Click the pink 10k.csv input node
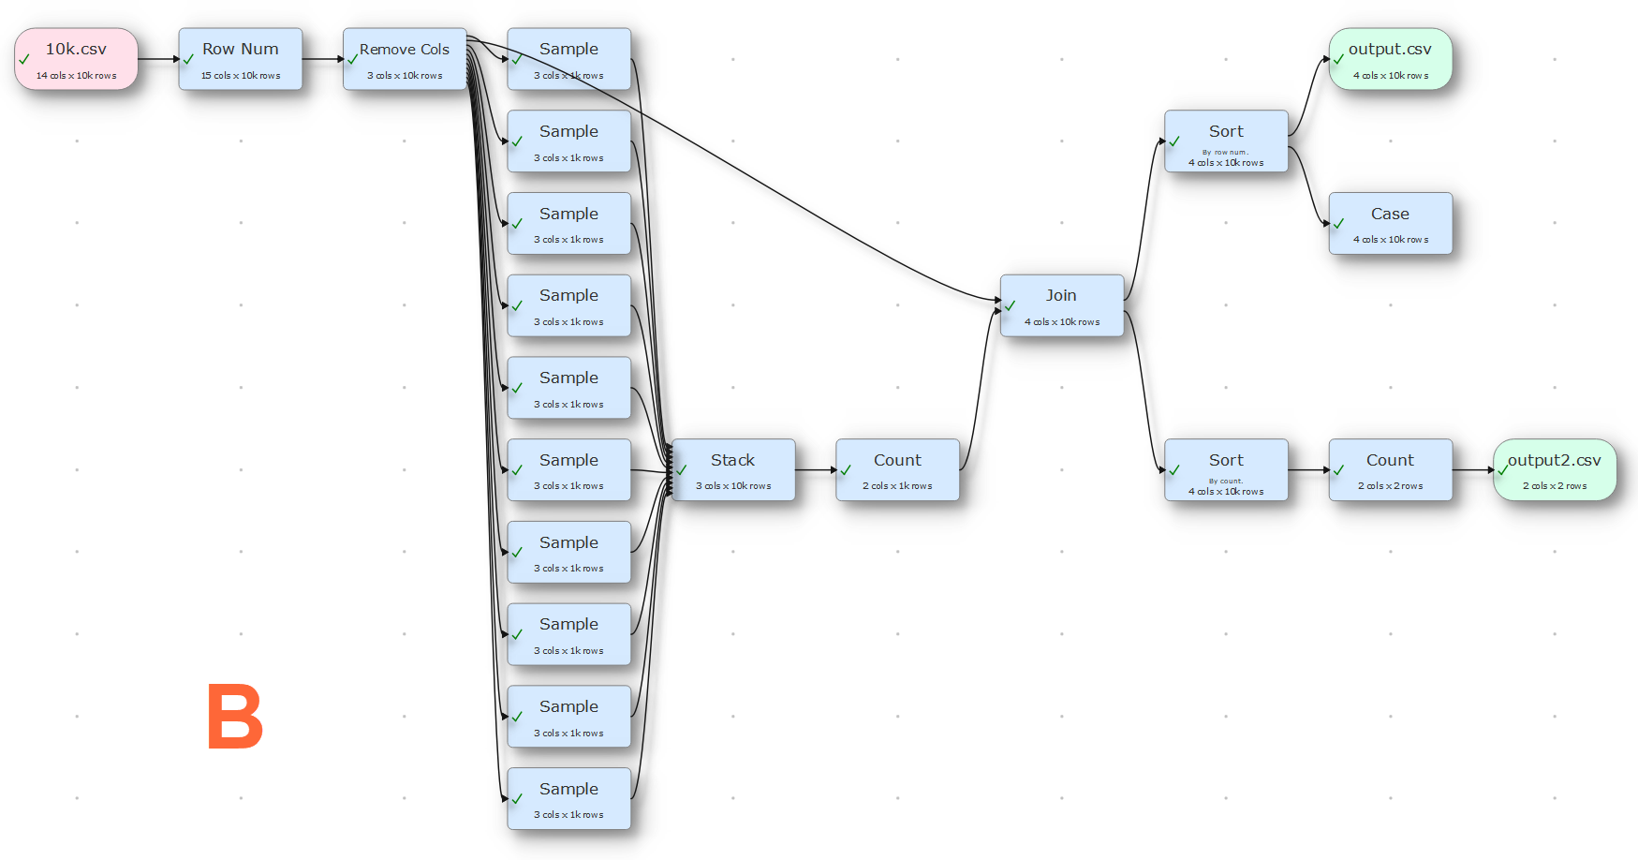coord(76,59)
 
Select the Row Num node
coord(241,59)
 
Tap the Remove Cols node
coord(405,59)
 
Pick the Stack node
coord(733,469)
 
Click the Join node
coord(1062,305)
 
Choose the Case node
coord(1391,223)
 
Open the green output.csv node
coord(1391,59)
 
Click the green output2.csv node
coord(1555,469)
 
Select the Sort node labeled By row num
coord(1226,141)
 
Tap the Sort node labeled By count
coord(1226,469)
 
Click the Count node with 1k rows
coord(897,469)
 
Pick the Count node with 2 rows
coord(1391,469)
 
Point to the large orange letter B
coord(234,717)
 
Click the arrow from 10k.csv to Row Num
coord(158,59)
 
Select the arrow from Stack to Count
coord(816,469)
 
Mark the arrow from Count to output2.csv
coord(1473,469)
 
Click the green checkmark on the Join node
coord(1011,305)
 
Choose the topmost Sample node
coord(569,59)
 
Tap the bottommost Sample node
coord(569,798)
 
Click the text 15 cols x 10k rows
coord(241,76)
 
